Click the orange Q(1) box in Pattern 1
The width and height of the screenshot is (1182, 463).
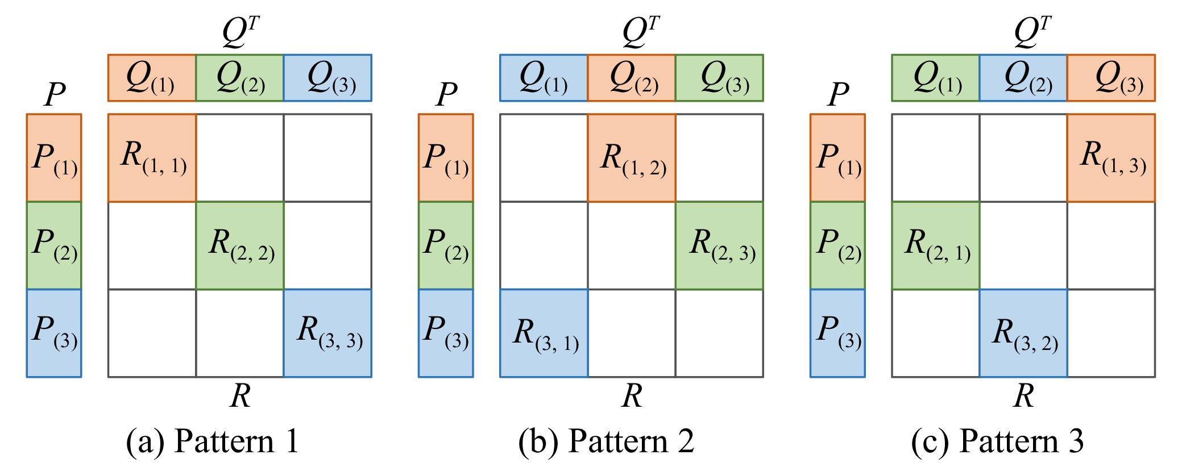152,78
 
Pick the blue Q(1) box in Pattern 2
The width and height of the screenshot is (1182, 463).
544,78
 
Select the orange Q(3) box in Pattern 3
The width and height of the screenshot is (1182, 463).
1111,78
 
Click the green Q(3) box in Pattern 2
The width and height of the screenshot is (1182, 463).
719,78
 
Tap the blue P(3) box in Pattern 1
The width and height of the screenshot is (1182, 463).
54,333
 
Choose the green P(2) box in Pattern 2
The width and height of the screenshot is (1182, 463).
446,245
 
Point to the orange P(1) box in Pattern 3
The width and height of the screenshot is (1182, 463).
837,158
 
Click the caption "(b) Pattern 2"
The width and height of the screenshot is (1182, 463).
606,441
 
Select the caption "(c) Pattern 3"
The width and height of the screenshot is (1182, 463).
997,441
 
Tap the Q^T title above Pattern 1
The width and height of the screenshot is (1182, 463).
241,31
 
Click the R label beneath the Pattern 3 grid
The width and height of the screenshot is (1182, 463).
1023,395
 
